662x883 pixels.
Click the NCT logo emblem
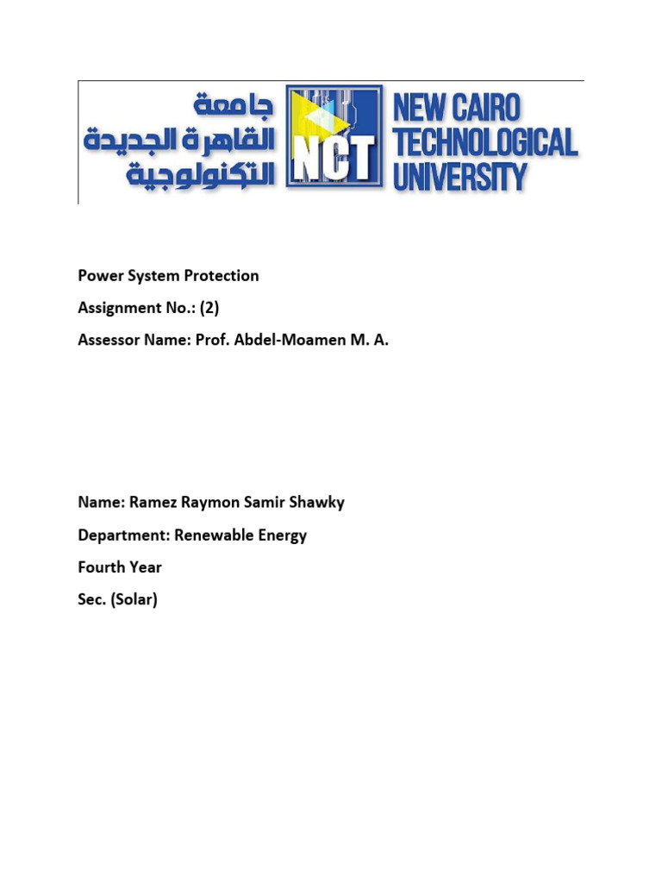point(334,136)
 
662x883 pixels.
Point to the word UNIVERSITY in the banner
point(459,177)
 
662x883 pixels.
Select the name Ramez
point(151,503)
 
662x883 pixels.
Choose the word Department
point(122,535)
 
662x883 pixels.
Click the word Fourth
point(102,567)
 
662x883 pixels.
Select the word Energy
point(283,536)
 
